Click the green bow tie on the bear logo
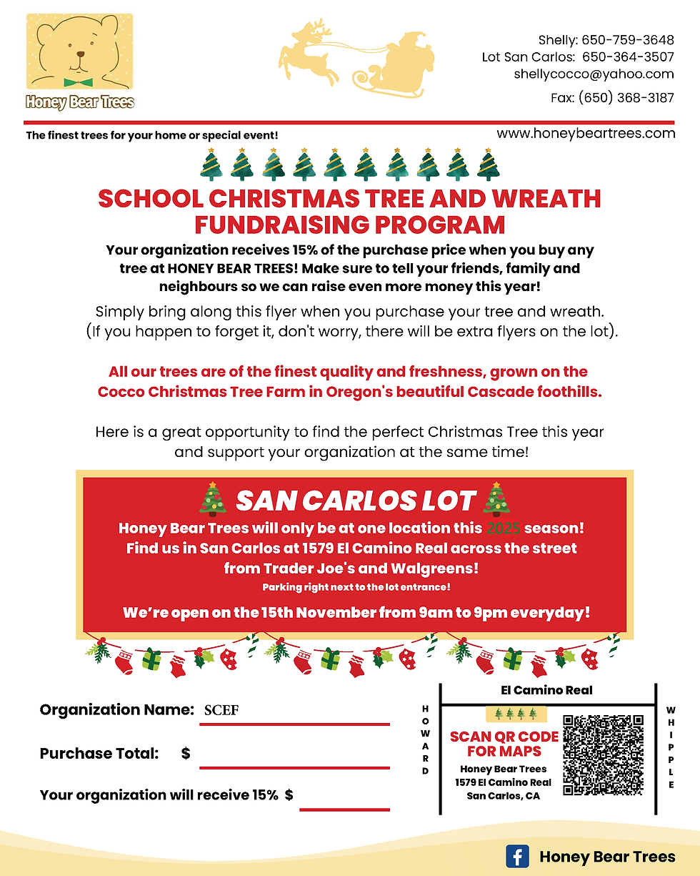[x=78, y=82]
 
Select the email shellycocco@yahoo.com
[x=594, y=74]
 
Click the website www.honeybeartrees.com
[x=586, y=133]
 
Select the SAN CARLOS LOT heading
[x=355, y=501]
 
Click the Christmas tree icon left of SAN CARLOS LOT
[x=212, y=498]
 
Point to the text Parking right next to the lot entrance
[x=356, y=587]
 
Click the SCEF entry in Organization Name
[x=221, y=711]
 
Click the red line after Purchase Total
[x=294, y=767]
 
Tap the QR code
[x=604, y=755]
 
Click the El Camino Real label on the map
[x=546, y=690]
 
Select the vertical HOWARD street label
[x=426, y=739]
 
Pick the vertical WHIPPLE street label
[x=671, y=747]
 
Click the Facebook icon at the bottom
[x=517, y=857]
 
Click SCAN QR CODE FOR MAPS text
[x=504, y=744]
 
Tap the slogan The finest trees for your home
[x=151, y=135]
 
